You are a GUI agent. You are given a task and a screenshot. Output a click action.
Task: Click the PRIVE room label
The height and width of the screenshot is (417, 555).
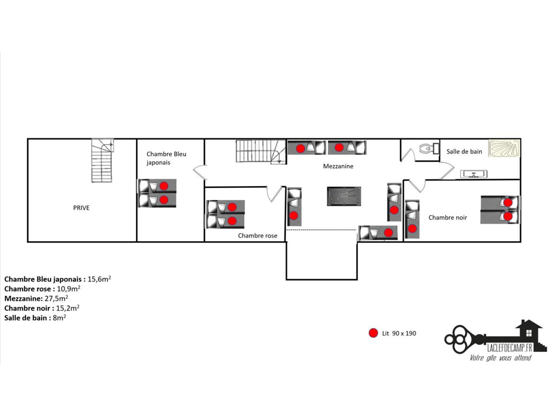[x=81, y=208]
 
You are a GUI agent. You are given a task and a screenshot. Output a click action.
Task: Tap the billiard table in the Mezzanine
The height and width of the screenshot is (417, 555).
[x=344, y=196]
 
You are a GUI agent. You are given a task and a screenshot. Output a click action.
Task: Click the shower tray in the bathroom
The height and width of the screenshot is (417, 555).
[x=505, y=148]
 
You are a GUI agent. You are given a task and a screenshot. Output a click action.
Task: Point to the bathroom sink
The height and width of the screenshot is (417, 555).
[x=474, y=174]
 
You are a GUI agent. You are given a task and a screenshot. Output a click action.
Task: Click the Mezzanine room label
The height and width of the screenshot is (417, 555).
[x=338, y=166]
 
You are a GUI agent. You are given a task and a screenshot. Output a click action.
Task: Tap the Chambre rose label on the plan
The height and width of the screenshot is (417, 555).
[x=257, y=236]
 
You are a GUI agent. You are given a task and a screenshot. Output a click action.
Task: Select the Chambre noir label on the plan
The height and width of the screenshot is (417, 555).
[x=448, y=217]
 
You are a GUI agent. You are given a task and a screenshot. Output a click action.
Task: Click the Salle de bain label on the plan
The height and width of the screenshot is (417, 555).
[x=464, y=151]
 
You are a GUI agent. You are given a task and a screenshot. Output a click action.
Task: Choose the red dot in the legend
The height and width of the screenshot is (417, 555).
[x=373, y=333]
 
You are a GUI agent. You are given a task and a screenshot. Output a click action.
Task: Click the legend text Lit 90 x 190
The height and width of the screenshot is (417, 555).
[x=399, y=333]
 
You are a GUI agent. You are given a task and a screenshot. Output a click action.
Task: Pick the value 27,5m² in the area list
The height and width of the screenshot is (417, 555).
[x=56, y=298]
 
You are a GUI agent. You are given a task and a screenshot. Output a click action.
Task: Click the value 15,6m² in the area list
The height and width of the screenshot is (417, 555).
[x=100, y=279]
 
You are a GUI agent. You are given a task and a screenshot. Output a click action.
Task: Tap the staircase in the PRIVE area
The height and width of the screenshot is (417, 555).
[x=102, y=160]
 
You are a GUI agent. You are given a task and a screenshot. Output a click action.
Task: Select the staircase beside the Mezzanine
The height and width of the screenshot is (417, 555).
[x=261, y=151]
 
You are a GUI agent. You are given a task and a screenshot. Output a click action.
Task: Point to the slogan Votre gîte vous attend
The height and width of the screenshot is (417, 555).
[x=500, y=358]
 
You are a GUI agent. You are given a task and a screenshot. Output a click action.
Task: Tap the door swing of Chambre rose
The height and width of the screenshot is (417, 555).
[x=274, y=194]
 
